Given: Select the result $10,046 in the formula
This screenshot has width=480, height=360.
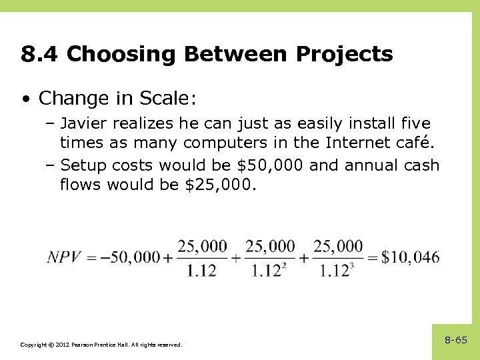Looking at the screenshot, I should point(411,257).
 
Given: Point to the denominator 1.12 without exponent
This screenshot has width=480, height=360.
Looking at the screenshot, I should point(202,271).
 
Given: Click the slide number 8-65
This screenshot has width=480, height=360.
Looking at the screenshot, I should point(456,340).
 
